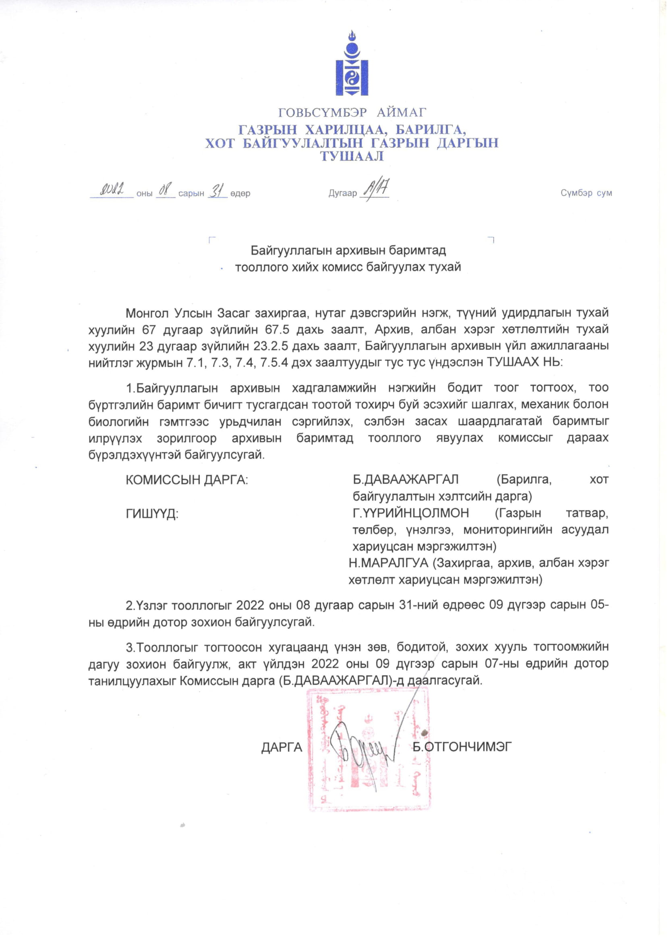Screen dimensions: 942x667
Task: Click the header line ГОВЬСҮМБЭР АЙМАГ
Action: point(352,112)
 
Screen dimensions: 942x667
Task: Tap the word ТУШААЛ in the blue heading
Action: point(352,156)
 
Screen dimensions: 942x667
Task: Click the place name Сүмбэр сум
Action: point(586,193)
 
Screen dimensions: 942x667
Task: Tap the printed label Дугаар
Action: point(342,193)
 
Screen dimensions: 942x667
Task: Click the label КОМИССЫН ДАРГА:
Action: point(187,480)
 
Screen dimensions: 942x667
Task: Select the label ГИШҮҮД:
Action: point(152,514)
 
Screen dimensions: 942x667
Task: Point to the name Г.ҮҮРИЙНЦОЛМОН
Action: point(411,513)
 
